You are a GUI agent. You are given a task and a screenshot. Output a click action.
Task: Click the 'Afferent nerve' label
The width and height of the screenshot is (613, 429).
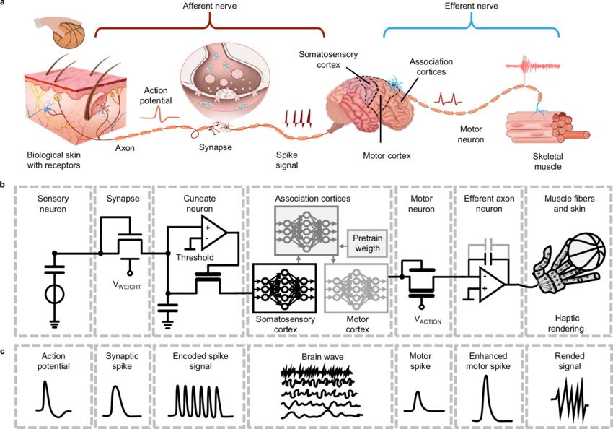click(209, 6)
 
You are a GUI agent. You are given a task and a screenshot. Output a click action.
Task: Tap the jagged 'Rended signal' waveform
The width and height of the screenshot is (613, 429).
click(568, 399)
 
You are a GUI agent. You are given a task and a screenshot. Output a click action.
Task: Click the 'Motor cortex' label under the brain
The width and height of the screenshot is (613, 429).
click(387, 155)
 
